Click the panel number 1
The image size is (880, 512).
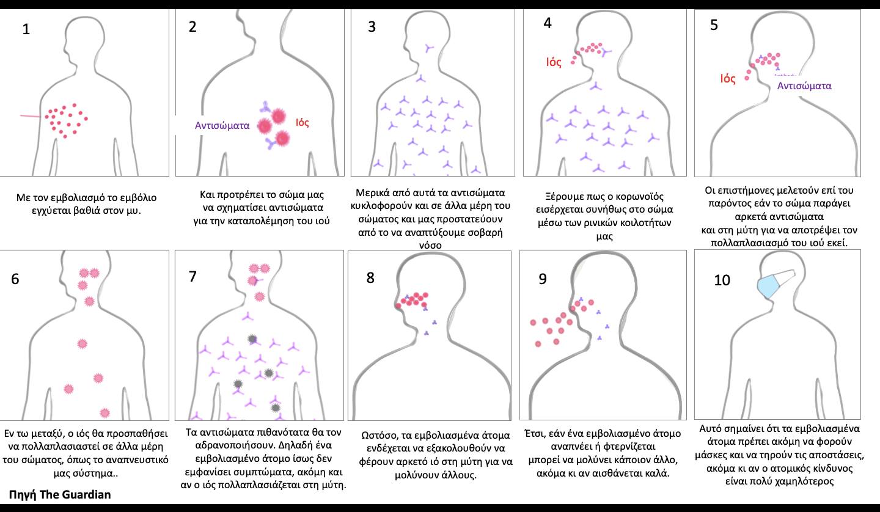(x=25, y=29)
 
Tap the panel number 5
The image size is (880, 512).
(x=714, y=26)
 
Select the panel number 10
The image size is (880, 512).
(x=722, y=280)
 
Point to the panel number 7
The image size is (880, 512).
(x=193, y=276)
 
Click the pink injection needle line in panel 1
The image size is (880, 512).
(x=30, y=115)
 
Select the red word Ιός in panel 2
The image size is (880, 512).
(x=302, y=123)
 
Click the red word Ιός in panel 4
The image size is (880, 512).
(x=554, y=62)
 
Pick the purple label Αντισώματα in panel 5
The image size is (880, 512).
(x=804, y=86)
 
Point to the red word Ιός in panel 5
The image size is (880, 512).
(x=728, y=78)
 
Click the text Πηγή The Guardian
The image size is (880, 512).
(x=60, y=494)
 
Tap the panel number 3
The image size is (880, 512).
(x=372, y=27)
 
